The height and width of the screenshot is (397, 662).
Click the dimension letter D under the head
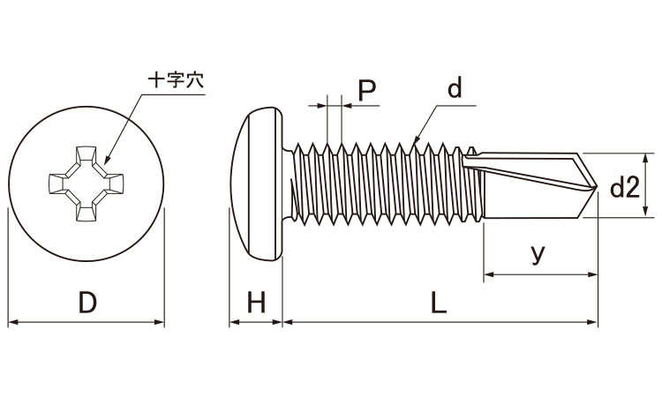click(x=87, y=303)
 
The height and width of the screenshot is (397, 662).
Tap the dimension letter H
click(x=256, y=303)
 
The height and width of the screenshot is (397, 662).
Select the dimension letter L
click(x=439, y=303)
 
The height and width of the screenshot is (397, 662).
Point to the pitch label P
click(x=366, y=89)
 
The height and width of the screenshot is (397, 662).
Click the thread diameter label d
click(x=455, y=89)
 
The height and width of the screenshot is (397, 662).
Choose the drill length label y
click(x=538, y=254)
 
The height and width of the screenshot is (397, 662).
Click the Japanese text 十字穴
click(x=175, y=79)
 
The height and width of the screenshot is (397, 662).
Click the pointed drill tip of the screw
click(x=596, y=187)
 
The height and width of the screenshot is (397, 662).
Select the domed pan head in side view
click(x=261, y=183)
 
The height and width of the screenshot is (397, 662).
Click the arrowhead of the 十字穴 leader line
click(x=106, y=163)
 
